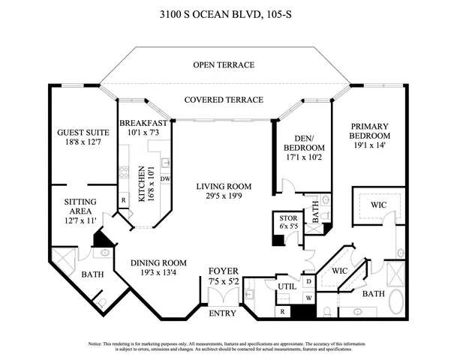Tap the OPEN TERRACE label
(x=224, y=65)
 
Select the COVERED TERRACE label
(x=224, y=100)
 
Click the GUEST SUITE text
(x=80, y=133)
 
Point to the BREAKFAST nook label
(x=143, y=123)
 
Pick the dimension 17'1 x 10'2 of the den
(x=302, y=158)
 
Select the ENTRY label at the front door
(x=222, y=313)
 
